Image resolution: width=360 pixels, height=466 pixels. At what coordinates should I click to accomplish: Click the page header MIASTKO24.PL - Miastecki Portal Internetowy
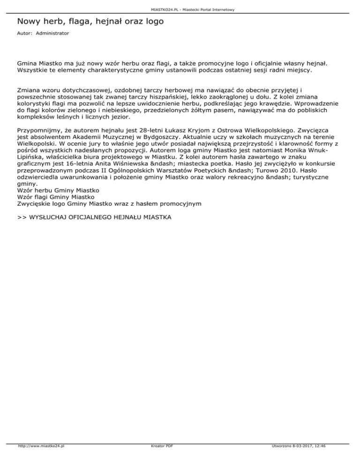coord(180,9)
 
